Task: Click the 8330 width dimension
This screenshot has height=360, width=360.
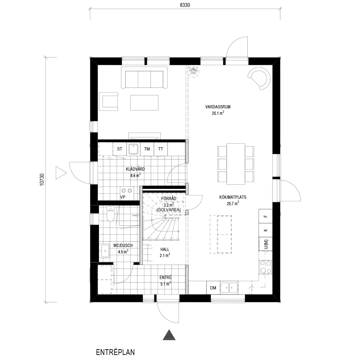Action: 185,5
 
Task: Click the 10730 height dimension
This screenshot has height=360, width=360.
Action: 42,180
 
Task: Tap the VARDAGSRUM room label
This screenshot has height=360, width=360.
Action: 218,107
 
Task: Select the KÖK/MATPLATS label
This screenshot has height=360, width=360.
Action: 233,197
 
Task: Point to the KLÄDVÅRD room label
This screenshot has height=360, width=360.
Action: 135,169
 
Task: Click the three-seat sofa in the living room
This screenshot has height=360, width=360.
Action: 144,77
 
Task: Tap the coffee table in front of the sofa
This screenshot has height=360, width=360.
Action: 144,103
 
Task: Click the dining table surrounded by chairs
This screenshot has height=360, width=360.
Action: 235,164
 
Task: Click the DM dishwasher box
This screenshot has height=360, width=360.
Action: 213,288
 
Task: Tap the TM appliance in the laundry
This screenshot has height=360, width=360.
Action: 147,149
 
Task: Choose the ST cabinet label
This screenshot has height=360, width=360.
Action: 120,149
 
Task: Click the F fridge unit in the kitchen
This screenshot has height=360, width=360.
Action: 266,216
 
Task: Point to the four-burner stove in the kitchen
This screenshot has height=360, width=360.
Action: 266,267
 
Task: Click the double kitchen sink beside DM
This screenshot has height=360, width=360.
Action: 229,287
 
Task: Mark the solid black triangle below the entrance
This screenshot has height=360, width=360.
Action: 169,334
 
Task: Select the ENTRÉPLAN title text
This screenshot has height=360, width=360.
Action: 115,352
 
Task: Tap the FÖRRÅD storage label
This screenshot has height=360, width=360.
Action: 169,199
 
